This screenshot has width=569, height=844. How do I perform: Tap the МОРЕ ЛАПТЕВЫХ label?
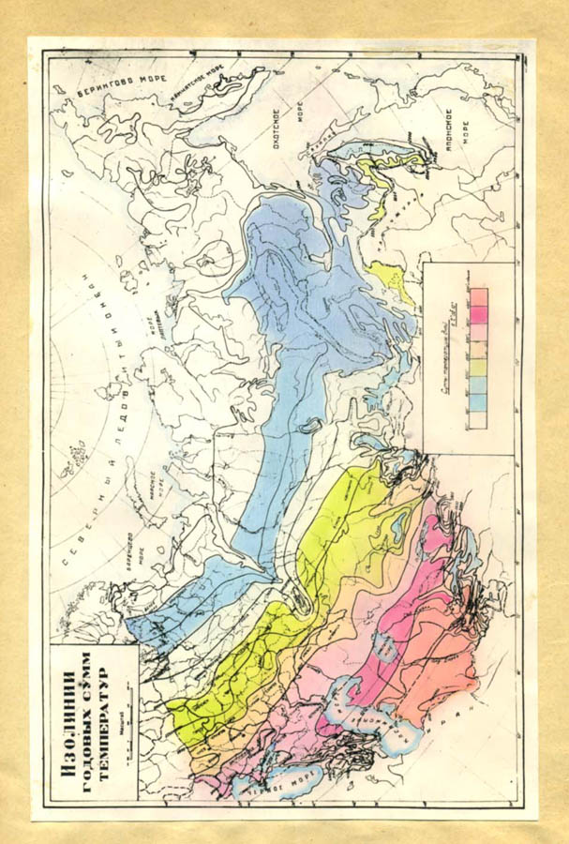tap(149, 335)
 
